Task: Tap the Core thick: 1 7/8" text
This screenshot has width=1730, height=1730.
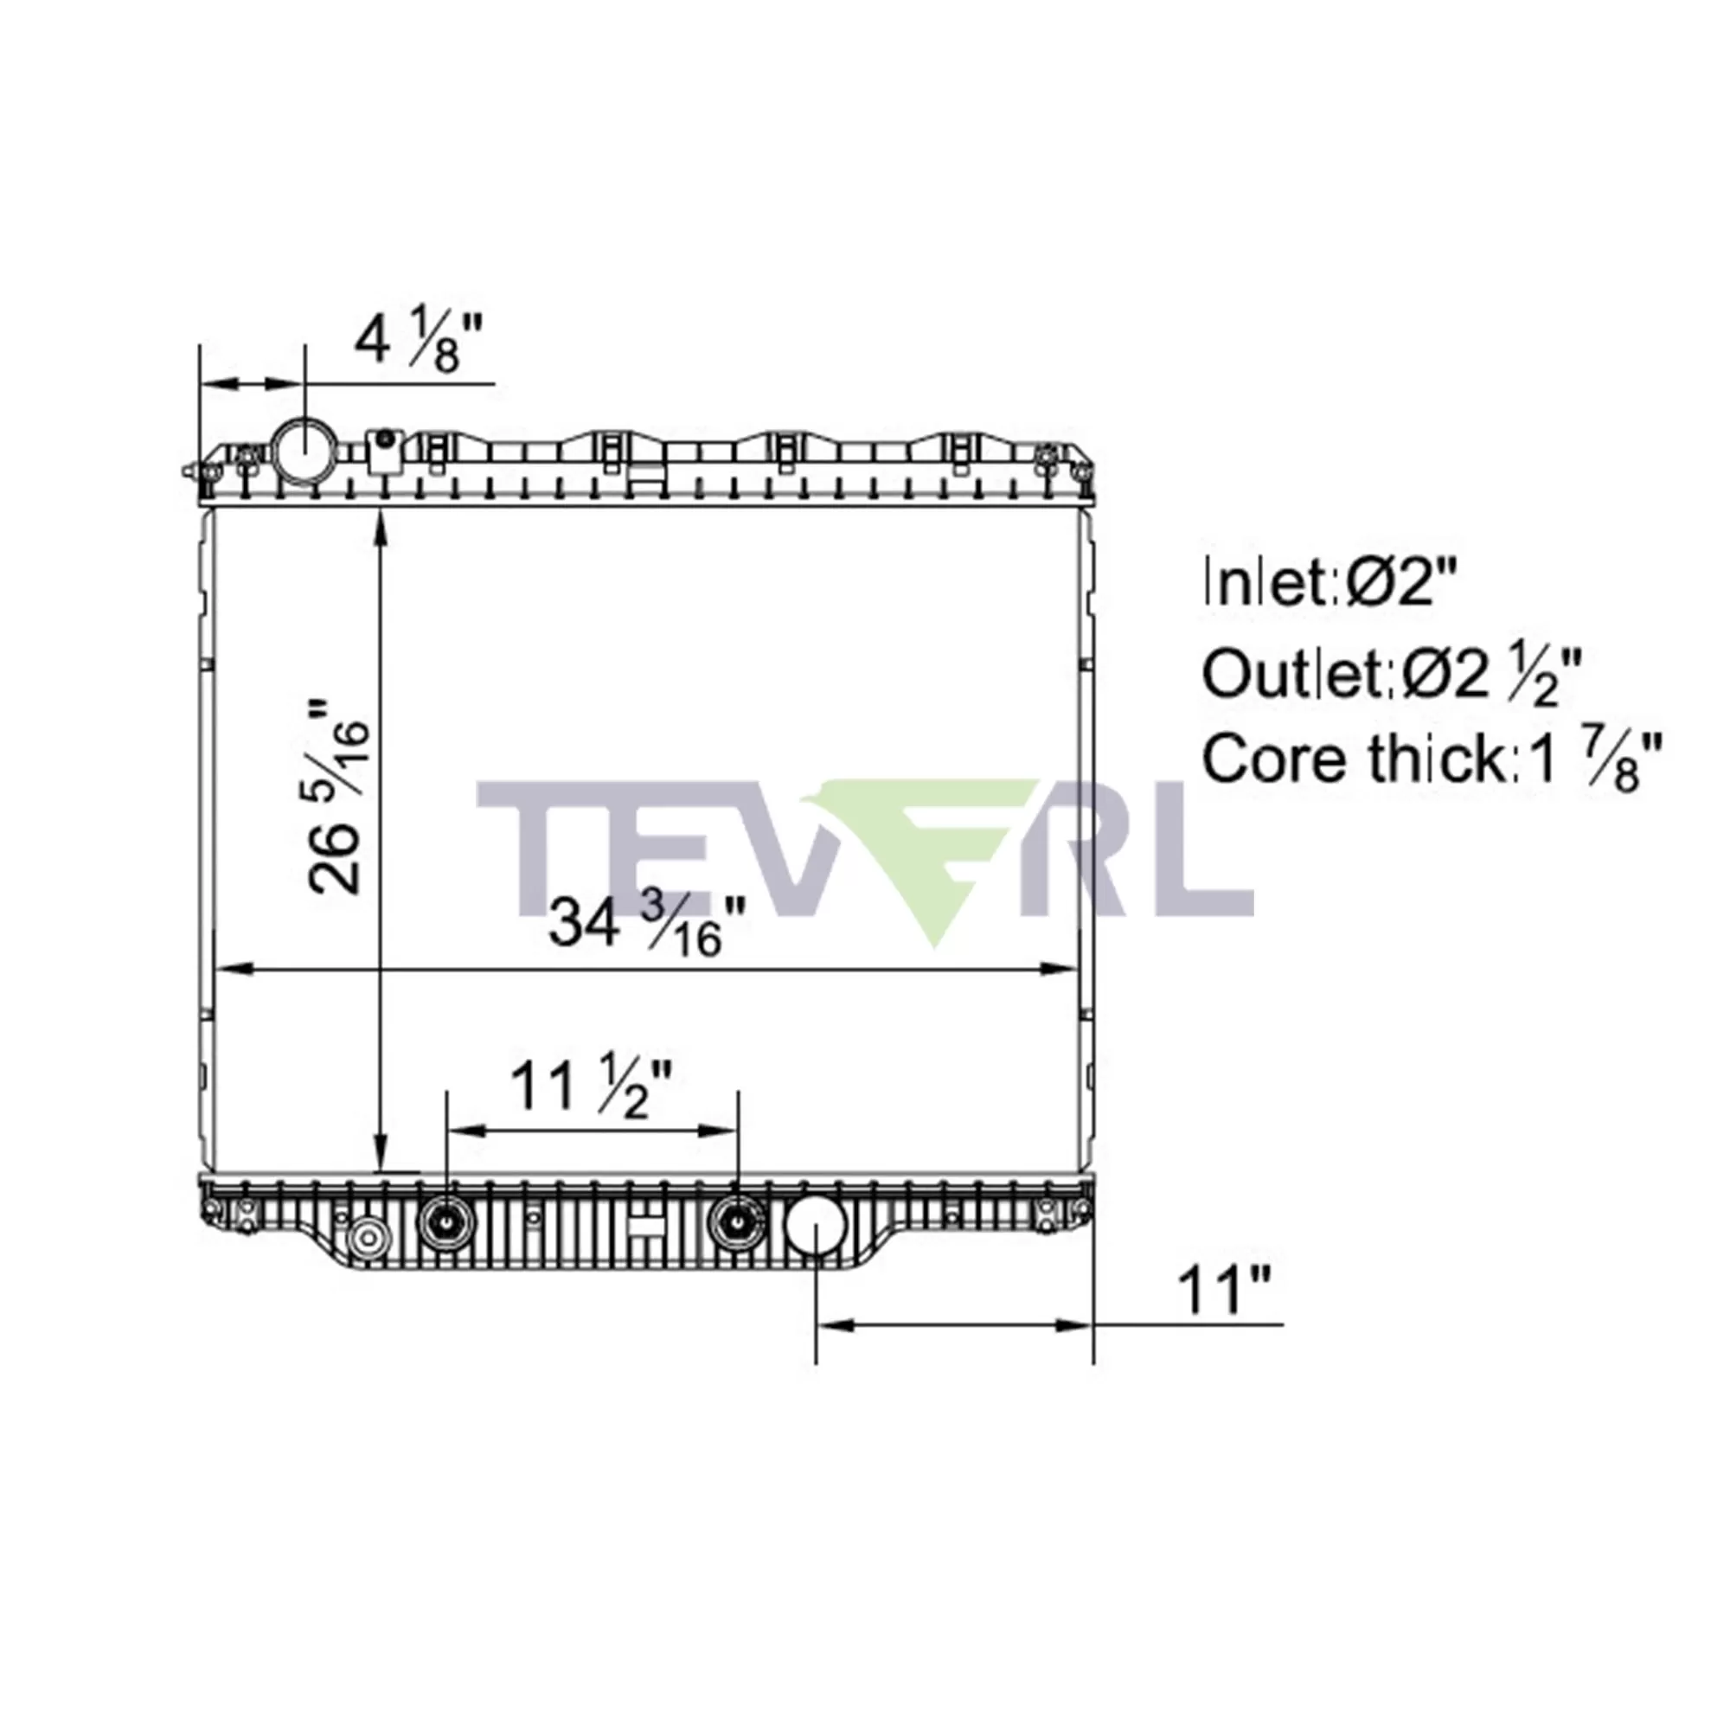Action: pyautogui.click(x=1432, y=761)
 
